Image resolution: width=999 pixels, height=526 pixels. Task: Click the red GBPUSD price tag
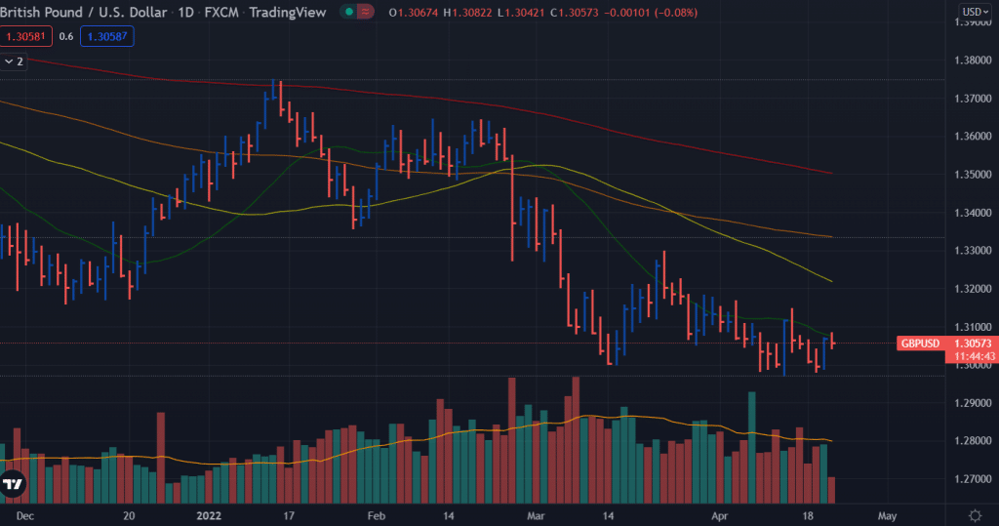tap(921, 344)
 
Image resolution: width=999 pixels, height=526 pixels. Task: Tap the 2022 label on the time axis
tap(210, 514)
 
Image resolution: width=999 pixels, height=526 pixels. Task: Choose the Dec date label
tap(25, 514)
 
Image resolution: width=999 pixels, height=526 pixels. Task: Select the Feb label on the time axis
tap(377, 514)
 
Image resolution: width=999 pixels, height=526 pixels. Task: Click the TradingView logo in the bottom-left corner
tap(13, 484)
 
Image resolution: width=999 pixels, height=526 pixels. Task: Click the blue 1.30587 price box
tap(107, 36)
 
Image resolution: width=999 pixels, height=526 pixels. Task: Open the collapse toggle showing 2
tap(14, 61)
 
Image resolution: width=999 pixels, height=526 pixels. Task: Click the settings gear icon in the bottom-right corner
tap(975, 514)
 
